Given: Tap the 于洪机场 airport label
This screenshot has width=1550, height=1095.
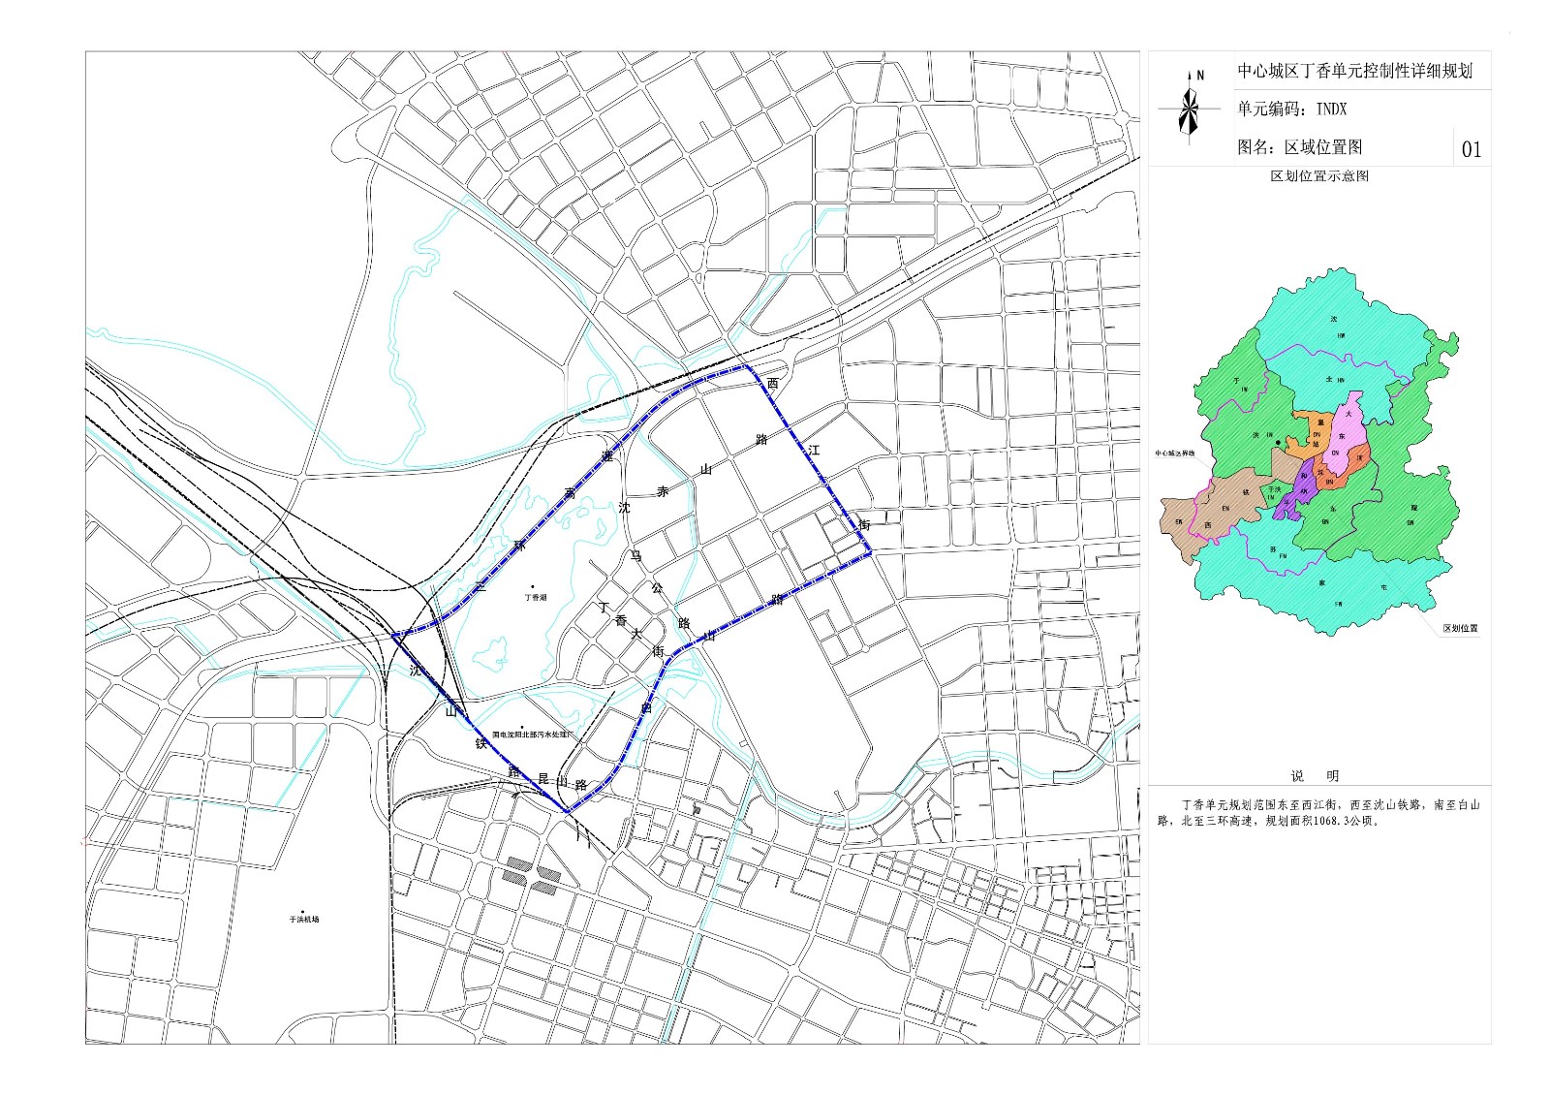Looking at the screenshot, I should (x=303, y=919).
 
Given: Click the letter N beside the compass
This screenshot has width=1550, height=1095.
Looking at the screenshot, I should (x=1200, y=75).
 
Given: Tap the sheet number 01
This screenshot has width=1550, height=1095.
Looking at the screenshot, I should (x=1471, y=149).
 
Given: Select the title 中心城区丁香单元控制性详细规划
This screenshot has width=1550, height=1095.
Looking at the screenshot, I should (x=1354, y=72).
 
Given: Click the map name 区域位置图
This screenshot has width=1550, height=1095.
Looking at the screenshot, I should (x=1323, y=147).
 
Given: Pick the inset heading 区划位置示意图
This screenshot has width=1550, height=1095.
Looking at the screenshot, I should (x=1319, y=176).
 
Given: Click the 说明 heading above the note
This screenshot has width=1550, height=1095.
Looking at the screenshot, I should (x=1314, y=775).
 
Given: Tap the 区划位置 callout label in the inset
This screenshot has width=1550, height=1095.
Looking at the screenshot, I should (x=1460, y=629).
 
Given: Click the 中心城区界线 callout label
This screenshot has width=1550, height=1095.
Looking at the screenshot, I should (x=1174, y=453).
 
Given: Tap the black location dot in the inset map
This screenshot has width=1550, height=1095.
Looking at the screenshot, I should (x=1279, y=443).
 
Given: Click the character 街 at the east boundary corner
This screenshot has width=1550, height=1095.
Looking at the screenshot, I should (x=864, y=524).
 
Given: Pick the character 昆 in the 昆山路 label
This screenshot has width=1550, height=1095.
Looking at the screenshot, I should (x=542, y=777).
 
